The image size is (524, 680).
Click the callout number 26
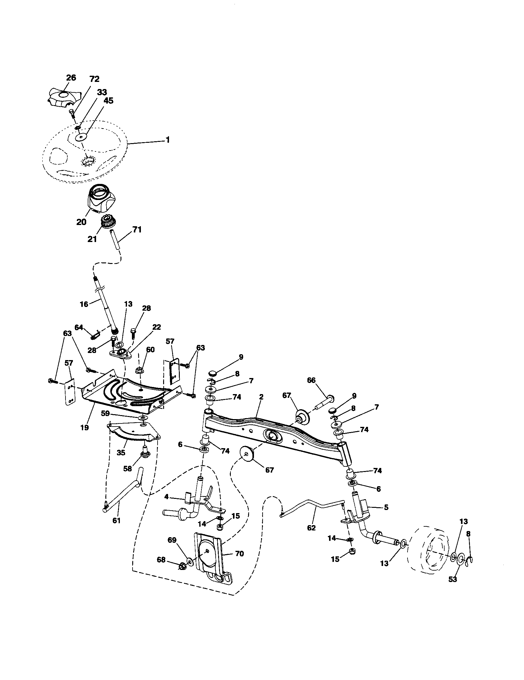pos(71,78)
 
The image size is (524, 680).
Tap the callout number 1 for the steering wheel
pos(168,140)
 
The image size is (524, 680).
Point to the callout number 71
pos(137,229)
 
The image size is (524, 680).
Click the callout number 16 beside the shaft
pos(84,304)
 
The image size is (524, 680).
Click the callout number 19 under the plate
pos(84,427)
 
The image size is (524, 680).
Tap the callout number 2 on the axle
pos(261,397)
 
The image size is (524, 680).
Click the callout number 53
pos(453,580)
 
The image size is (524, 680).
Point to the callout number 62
pos(311,527)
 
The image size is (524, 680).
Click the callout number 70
pos(239,554)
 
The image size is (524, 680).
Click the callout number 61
pos(116,520)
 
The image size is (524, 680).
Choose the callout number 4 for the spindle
pos(167,497)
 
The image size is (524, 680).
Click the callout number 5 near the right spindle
pos(386,507)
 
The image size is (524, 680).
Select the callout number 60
pos(150,350)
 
